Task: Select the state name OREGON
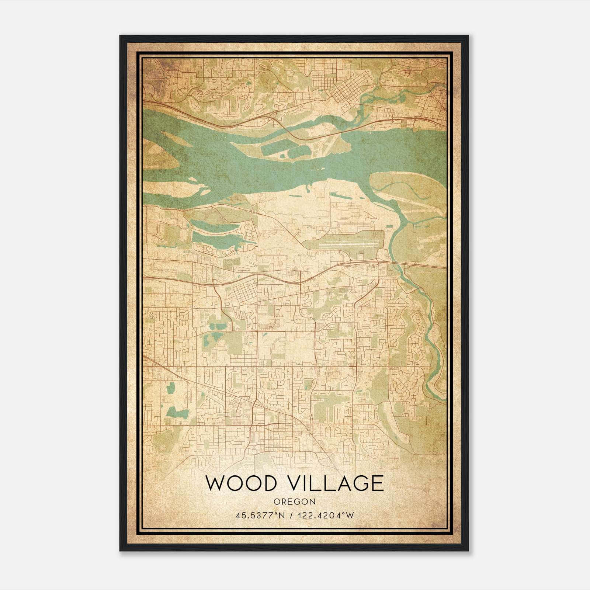click(295, 502)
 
